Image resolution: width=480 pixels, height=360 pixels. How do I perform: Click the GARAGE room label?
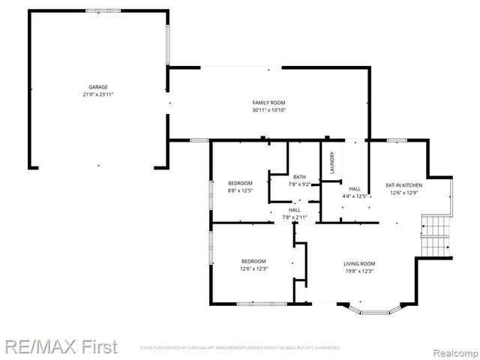(x=98, y=88)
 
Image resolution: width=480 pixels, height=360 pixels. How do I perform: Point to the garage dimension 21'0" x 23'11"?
(x=98, y=95)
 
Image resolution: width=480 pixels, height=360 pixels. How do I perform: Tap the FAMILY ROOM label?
(x=268, y=103)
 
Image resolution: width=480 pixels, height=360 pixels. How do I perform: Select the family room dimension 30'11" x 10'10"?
(x=268, y=110)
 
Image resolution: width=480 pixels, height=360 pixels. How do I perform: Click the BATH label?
(x=299, y=177)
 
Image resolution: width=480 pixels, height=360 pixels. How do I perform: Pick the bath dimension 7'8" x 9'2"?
(x=299, y=184)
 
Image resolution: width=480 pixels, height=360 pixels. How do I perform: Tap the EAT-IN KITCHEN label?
(x=403, y=185)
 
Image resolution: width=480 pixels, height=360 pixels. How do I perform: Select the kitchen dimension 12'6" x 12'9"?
(x=403, y=193)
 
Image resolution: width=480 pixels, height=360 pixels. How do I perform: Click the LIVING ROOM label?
(x=359, y=264)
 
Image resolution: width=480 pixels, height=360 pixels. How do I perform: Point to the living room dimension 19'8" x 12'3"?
(x=359, y=271)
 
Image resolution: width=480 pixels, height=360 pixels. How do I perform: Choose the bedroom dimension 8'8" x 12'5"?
(x=240, y=190)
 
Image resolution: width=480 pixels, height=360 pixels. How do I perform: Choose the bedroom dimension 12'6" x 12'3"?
(x=253, y=268)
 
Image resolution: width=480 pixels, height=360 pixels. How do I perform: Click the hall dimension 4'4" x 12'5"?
(x=355, y=196)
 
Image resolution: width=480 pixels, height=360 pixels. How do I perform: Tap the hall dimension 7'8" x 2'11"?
(x=295, y=217)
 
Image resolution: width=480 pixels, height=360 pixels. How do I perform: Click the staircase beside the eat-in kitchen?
(x=434, y=234)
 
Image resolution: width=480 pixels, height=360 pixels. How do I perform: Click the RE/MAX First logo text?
(x=60, y=346)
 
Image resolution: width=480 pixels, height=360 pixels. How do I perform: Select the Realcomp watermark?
(x=453, y=348)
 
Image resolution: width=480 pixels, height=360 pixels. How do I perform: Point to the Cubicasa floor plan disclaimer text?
(x=240, y=349)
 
